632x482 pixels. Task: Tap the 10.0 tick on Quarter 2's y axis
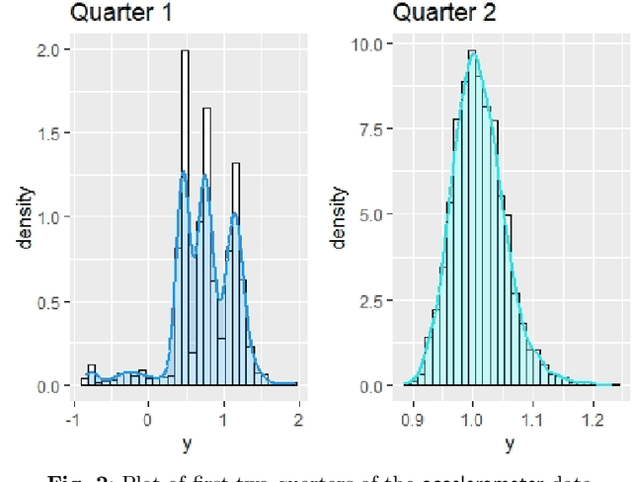(371, 44)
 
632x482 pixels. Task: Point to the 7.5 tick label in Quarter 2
(374, 129)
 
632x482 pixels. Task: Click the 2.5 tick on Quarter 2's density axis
(374, 300)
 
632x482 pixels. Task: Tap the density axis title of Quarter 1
(19, 218)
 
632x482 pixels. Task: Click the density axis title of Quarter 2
(339, 218)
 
